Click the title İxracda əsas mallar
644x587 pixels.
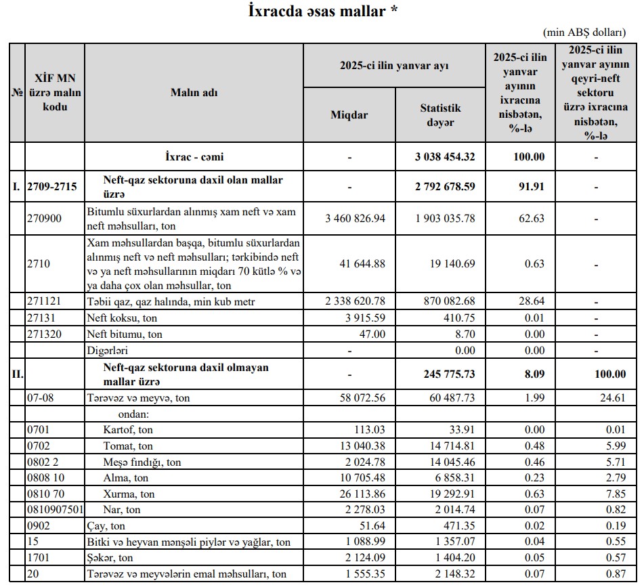[x=322, y=12]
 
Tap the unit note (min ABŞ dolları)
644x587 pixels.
[x=592, y=32]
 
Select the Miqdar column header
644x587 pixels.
[x=349, y=114]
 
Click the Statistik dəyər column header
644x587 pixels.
[x=440, y=114]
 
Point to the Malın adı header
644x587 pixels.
[x=194, y=93]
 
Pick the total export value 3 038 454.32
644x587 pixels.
[x=446, y=157]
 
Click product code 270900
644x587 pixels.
[x=46, y=218]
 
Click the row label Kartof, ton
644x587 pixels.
[x=128, y=429]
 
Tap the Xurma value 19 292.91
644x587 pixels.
[x=450, y=494]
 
